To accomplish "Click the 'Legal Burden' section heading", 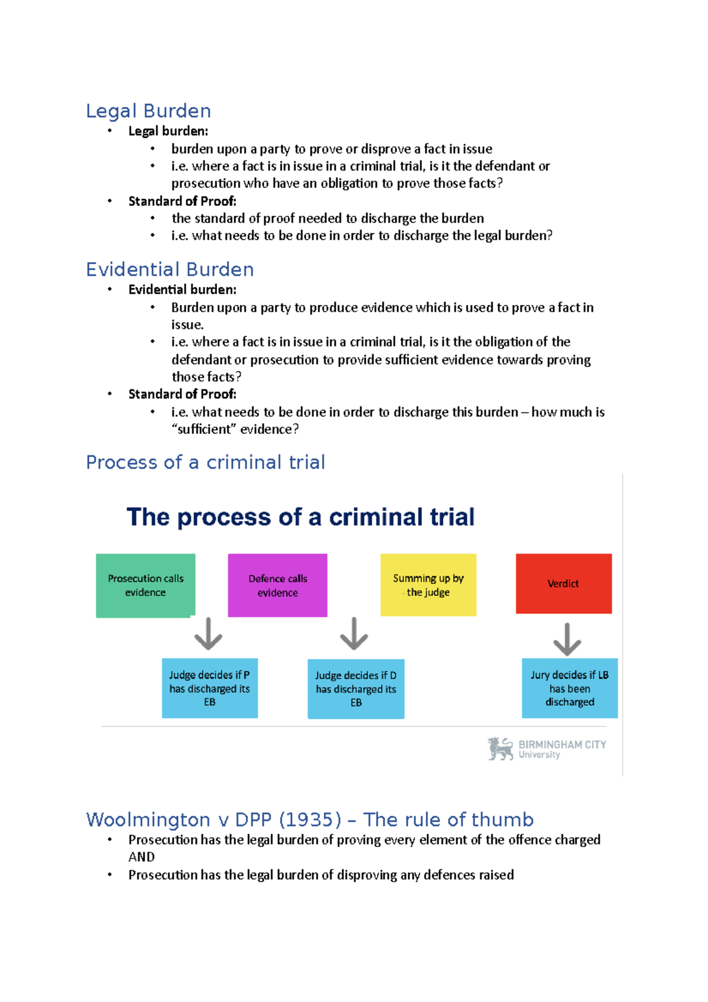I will click(148, 111).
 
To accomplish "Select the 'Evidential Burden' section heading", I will click(170, 270).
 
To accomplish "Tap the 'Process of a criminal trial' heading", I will click(205, 462).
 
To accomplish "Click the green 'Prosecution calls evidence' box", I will click(145, 585).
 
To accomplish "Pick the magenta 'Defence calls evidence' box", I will click(277, 585).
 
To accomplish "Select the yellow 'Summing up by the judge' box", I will click(428, 585).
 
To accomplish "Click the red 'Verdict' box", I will click(563, 584).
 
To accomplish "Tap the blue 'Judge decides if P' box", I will click(209, 688).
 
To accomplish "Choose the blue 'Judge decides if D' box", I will click(356, 689).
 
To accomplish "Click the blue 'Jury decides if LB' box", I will click(569, 688).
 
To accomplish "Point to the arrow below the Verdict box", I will click(567, 639).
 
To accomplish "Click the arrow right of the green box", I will click(208, 634).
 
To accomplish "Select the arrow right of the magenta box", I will click(354, 634).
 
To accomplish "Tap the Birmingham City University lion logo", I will click(500, 748).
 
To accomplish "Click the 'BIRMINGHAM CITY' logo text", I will click(562, 745).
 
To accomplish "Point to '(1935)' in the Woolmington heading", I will click(310, 820).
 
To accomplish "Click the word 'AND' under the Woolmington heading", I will click(142, 857).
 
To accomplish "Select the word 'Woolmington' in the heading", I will click(148, 820).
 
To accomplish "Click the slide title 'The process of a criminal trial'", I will click(300, 517).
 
